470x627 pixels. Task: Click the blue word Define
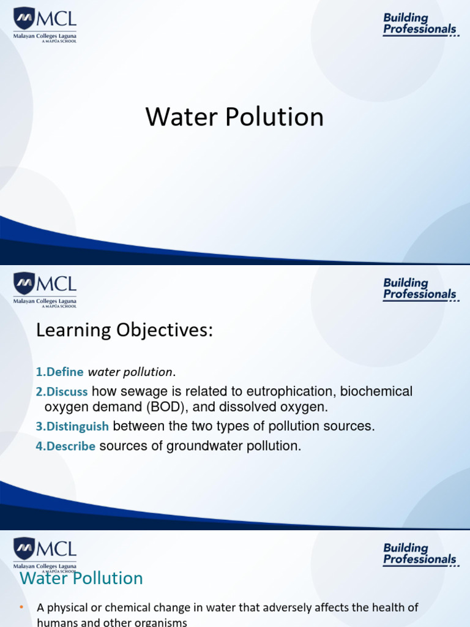click(x=65, y=372)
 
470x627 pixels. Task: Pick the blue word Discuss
click(x=67, y=392)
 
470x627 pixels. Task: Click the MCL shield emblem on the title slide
click(x=24, y=18)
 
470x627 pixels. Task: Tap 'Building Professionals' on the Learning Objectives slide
click(x=420, y=289)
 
